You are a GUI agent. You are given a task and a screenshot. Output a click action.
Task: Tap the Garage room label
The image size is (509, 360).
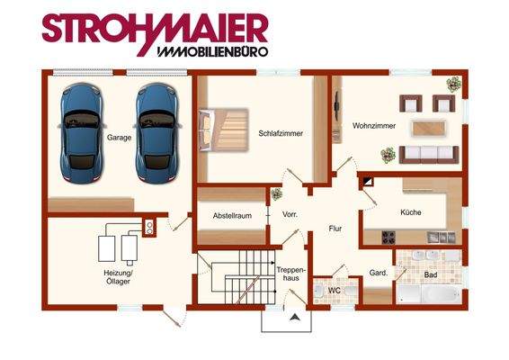click(x=119, y=139)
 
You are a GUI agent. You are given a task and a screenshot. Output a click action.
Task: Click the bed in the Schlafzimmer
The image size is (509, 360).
click(x=224, y=131)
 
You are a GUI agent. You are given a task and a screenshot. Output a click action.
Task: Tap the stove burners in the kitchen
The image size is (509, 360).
click(x=390, y=238)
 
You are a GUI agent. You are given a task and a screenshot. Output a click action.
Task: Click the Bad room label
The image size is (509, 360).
click(x=431, y=274)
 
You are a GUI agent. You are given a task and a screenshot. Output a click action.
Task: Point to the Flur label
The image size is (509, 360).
click(x=335, y=229)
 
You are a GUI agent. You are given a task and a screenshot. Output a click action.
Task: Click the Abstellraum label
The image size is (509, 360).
click(x=231, y=216)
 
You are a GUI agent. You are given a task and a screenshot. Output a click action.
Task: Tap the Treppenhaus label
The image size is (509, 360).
click(x=292, y=274)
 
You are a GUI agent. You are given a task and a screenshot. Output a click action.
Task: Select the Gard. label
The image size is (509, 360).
click(x=378, y=273)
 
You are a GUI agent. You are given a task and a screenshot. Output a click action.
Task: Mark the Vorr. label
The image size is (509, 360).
click(x=290, y=215)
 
